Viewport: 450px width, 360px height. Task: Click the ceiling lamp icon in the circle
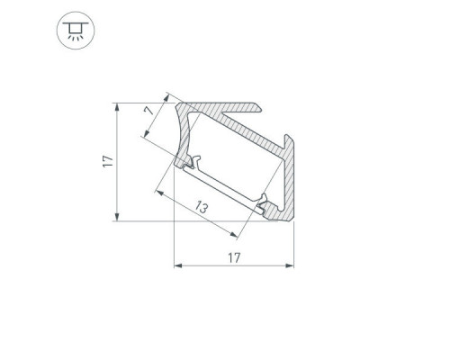tap(76, 31)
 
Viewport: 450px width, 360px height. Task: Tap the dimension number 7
tap(148, 111)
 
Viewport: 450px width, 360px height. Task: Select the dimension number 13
tap(202, 207)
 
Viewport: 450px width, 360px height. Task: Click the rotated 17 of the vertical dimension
tap(108, 161)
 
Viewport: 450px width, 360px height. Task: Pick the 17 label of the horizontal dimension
tap(234, 257)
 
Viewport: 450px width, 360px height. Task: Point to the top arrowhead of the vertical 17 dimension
tap(117, 107)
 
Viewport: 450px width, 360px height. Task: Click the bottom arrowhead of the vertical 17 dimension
tap(117, 217)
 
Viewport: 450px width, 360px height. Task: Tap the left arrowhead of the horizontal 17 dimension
tap(178, 265)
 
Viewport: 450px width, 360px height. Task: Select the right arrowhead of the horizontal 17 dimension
tap(290, 265)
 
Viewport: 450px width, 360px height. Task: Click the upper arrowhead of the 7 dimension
tap(166, 98)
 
